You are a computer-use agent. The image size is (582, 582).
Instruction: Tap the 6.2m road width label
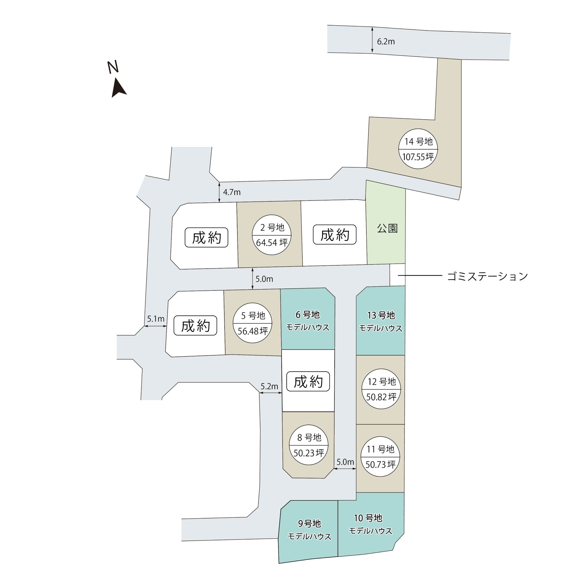click(x=386, y=42)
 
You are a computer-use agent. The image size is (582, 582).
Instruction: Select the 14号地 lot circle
click(x=418, y=149)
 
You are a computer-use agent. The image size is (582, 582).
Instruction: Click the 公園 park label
click(x=387, y=228)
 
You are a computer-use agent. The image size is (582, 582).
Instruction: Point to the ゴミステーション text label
click(x=487, y=276)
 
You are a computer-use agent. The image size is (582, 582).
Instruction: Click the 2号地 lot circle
click(x=272, y=235)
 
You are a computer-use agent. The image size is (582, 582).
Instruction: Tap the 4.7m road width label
click(x=232, y=192)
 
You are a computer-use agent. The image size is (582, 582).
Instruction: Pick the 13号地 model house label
click(x=381, y=322)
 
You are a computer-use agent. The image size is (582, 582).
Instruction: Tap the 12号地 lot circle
click(x=382, y=389)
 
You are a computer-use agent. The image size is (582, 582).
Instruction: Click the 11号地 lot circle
click(x=380, y=456)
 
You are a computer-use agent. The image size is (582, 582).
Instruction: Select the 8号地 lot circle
click(x=309, y=445)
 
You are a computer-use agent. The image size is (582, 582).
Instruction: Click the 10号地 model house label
click(x=370, y=524)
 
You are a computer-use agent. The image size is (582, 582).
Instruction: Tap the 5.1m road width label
click(x=156, y=319)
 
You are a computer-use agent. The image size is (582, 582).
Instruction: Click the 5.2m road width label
click(x=269, y=386)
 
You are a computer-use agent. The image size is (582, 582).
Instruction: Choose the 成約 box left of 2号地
click(x=206, y=238)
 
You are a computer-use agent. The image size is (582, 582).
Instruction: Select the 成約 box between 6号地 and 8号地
click(x=308, y=382)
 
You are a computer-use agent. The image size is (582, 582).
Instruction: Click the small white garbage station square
click(x=397, y=275)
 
